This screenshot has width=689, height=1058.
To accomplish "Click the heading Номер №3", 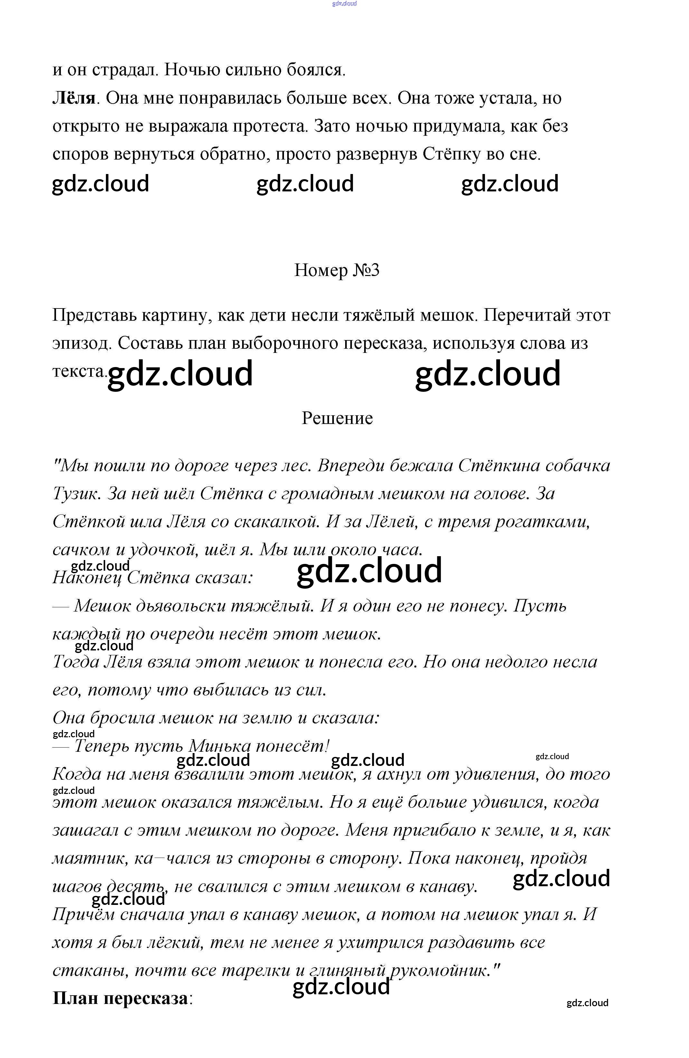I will point(337,270).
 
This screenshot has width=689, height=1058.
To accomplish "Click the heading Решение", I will point(337,418).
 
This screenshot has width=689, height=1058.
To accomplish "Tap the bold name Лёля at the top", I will point(74,98).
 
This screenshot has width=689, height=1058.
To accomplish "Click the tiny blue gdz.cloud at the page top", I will point(344,4).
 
